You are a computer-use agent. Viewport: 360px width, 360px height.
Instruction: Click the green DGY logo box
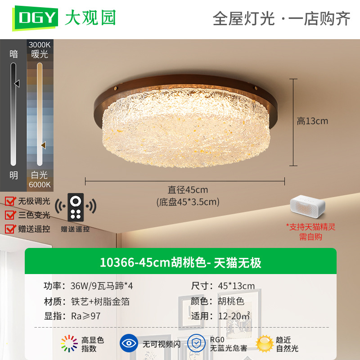click(35, 18)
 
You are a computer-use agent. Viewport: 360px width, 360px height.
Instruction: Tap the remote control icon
click(76, 207)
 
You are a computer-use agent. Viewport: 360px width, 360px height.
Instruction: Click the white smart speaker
click(308, 207)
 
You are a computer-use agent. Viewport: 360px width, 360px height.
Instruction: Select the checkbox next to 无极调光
click(10, 201)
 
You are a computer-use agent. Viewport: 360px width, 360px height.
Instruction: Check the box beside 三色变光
click(10, 215)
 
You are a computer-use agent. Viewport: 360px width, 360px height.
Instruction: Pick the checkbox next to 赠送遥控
click(10, 229)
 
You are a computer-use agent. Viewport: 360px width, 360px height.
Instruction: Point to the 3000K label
click(40, 45)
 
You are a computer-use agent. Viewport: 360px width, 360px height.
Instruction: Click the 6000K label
click(40, 184)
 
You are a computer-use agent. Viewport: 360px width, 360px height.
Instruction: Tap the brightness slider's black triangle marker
click(17, 83)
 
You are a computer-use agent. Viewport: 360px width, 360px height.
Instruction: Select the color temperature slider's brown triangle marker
click(43, 145)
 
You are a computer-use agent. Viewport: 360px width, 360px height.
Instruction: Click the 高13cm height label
click(312, 121)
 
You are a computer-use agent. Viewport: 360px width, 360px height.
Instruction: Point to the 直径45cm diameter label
click(188, 190)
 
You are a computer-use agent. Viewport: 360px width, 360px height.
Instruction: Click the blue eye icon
click(129, 343)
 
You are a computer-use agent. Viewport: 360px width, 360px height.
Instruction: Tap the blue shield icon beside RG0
click(196, 343)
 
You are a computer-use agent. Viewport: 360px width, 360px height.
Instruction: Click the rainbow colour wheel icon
click(69, 343)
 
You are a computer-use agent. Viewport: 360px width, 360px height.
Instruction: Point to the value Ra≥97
click(86, 316)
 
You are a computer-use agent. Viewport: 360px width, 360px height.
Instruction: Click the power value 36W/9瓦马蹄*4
click(102, 286)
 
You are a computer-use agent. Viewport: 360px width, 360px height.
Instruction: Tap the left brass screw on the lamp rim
click(115, 88)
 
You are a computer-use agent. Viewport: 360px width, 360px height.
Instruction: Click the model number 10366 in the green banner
click(117, 262)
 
